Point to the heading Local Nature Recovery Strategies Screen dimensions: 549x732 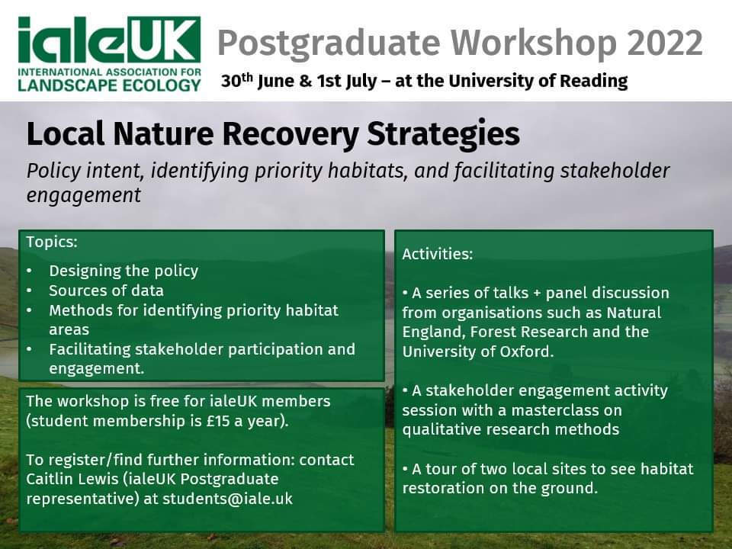point(273,135)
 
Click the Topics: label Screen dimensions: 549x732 point(52,242)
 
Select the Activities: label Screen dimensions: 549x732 point(438,255)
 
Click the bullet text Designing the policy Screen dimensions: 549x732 point(124,271)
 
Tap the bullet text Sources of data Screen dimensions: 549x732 point(106,291)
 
